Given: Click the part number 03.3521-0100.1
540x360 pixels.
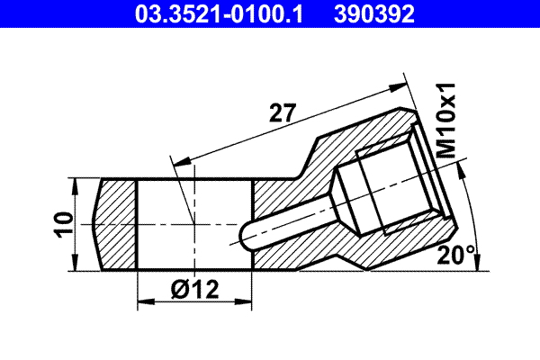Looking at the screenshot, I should (218, 15).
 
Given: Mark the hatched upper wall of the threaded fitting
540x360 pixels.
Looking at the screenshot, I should (360, 139).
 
